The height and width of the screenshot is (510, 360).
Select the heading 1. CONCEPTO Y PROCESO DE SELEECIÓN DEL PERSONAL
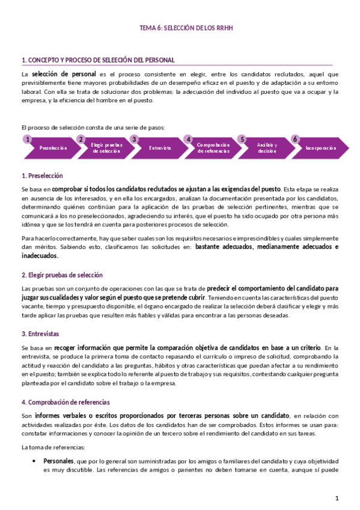tap(98, 60)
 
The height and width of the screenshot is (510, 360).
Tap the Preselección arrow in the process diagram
tap(53, 148)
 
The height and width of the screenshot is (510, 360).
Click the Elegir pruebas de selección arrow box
tap(107, 148)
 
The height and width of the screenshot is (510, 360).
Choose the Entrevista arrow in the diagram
tap(160, 148)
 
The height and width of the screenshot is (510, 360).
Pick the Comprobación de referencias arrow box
tap(213, 148)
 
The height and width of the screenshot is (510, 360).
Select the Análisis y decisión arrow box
tap(267, 148)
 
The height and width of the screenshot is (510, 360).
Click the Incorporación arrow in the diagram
tap(320, 148)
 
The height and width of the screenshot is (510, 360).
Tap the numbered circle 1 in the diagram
tap(27, 140)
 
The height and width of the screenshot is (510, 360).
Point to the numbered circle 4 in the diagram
tap(188, 140)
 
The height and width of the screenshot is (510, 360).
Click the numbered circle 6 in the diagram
tap(295, 140)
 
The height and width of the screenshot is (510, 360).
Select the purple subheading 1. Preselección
tap(42, 176)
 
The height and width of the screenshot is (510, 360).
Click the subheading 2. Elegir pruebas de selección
tap(62, 275)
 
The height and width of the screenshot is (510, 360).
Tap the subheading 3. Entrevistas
tap(40, 334)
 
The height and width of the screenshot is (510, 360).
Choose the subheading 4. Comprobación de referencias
tap(66, 402)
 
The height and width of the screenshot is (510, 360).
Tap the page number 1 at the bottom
tap(337, 498)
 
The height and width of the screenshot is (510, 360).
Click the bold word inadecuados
tap(40, 256)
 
